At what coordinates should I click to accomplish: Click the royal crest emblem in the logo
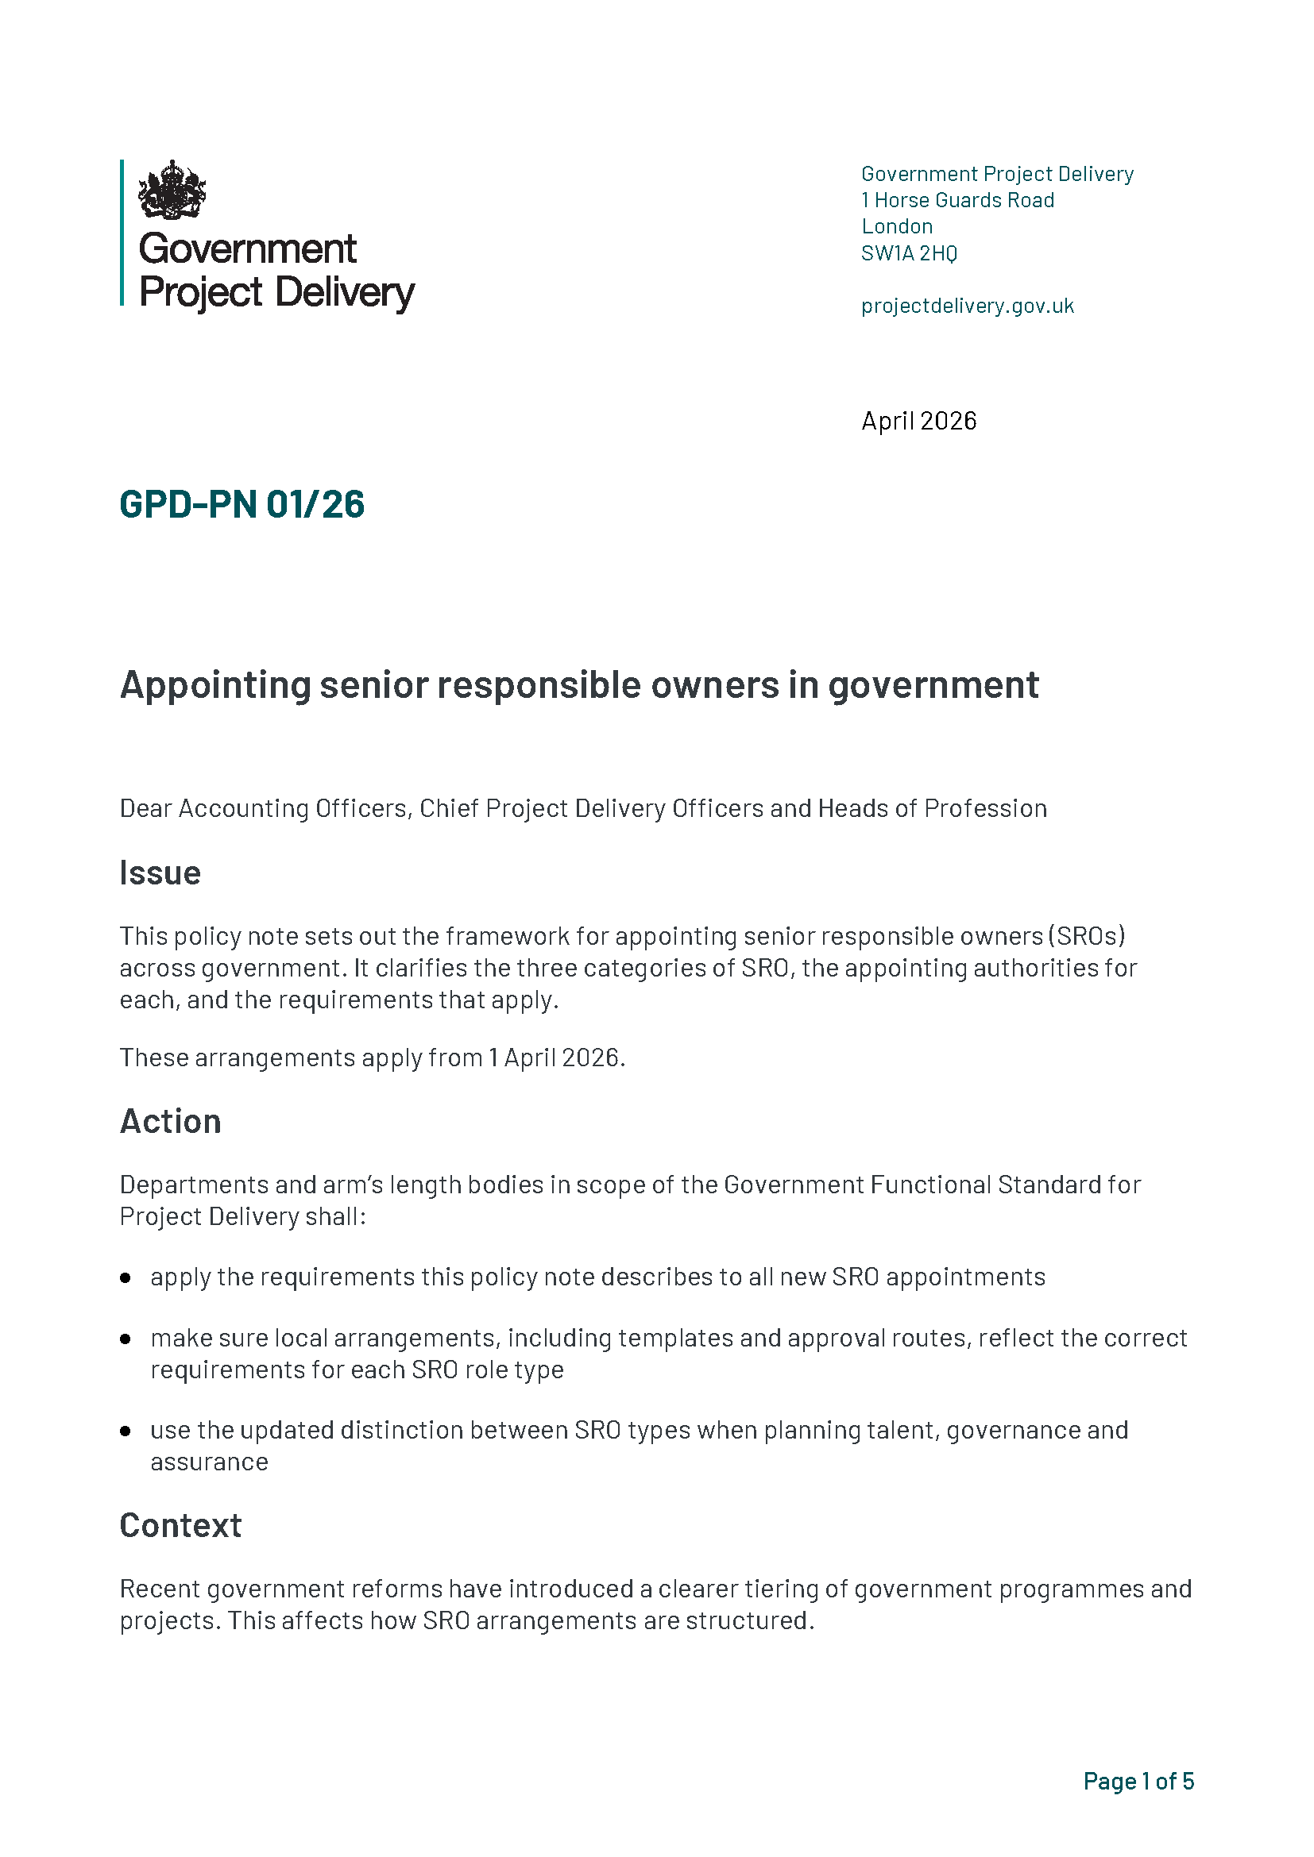(x=172, y=190)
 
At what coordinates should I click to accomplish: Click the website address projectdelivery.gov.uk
(x=967, y=306)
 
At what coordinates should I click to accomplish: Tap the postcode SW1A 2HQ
(x=909, y=253)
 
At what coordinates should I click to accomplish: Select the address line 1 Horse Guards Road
(x=957, y=200)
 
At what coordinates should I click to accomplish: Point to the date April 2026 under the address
(x=918, y=421)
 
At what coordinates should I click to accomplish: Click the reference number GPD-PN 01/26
(x=242, y=504)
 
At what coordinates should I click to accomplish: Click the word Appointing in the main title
(x=215, y=685)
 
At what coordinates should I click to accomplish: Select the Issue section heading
(x=160, y=873)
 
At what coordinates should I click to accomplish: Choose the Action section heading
(x=171, y=1121)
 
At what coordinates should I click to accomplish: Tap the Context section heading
(x=180, y=1525)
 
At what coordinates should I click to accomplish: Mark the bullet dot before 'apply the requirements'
(x=126, y=1278)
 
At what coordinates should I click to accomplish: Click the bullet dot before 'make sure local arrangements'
(x=126, y=1339)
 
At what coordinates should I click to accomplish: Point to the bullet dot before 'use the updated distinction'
(x=126, y=1431)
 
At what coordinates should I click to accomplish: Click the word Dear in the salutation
(x=145, y=808)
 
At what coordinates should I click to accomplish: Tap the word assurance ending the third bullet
(x=210, y=1462)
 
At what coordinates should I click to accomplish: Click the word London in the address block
(x=896, y=226)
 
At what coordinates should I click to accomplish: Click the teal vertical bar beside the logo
(x=122, y=233)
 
